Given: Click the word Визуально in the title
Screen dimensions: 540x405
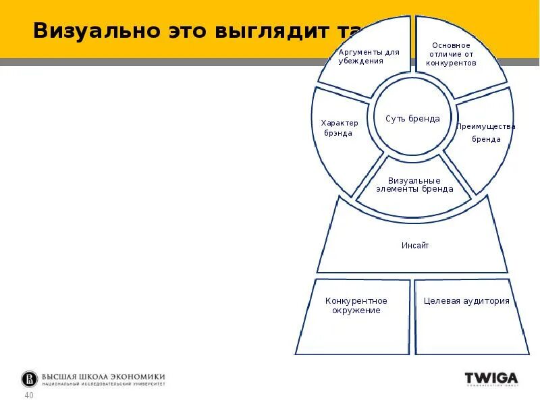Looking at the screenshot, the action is point(94,30).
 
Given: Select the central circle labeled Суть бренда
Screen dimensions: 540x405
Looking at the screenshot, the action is point(412,119).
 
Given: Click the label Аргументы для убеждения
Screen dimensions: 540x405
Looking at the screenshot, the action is point(369,56).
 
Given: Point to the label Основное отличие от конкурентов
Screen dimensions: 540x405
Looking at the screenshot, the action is point(451,54).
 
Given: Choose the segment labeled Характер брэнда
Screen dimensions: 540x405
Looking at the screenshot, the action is point(339,128).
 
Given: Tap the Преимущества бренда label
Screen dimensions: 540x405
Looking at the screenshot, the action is point(486,132).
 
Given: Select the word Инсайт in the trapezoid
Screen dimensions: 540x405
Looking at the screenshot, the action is point(415,246).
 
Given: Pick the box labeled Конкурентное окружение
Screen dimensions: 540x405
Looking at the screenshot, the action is point(356,306).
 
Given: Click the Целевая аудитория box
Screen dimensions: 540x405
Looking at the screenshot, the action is point(466,301).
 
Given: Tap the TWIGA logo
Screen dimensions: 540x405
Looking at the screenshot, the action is point(491,379).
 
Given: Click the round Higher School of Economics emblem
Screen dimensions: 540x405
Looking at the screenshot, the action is point(29,379).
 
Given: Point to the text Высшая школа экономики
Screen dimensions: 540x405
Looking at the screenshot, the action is point(103,377).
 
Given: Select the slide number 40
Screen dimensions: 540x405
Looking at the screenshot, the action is point(29,396).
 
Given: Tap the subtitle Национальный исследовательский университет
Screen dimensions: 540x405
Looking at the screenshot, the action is point(103,384).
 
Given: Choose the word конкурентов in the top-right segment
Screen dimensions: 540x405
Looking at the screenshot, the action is point(451,63).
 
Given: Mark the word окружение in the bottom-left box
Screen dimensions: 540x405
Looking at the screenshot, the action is point(356,310).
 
